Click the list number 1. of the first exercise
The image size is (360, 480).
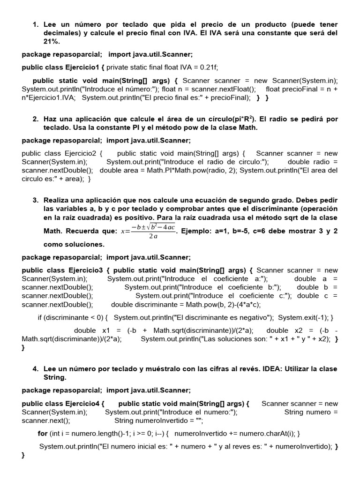pyautogui.click(x=36, y=24)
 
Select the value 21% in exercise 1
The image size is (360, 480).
pyautogui.click(x=52, y=41)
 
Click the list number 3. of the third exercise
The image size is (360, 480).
pyautogui.click(x=36, y=200)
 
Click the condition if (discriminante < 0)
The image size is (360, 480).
pyautogui.click(x=73, y=317)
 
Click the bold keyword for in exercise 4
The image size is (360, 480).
pyautogui.click(x=43, y=433)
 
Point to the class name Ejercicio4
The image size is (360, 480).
pyautogui.click(x=81, y=403)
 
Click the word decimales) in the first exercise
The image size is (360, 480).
pyautogui.click(x=62, y=33)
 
